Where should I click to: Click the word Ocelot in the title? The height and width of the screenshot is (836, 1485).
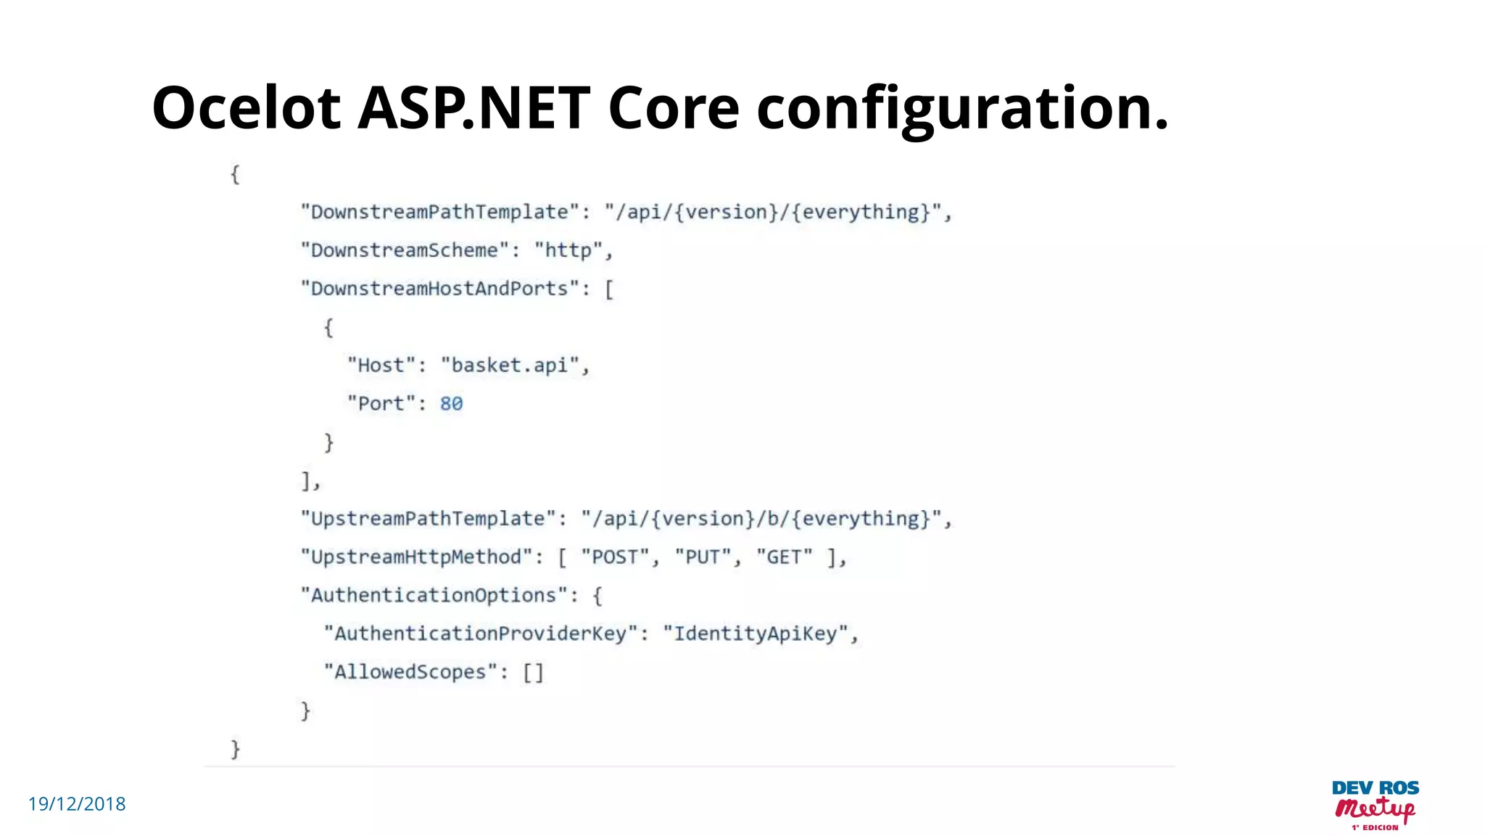pos(246,108)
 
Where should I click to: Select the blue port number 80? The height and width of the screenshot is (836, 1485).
pos(451,403)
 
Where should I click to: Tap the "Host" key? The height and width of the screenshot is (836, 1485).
pos(381,365)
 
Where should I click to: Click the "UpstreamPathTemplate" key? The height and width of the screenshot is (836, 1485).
pos(428,519)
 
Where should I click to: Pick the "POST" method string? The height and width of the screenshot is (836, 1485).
pos(614,557)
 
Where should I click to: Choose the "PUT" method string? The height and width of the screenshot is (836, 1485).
pos(702,557)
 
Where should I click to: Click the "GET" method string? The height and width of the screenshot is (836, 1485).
pos(784,557)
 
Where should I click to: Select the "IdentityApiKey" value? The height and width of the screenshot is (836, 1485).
pos(755,634)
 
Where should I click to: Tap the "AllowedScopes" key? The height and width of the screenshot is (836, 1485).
pos(410,672)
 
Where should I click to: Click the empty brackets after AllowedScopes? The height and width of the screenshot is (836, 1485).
pos(533,672)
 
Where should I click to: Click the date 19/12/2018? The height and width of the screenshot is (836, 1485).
pos(77,804)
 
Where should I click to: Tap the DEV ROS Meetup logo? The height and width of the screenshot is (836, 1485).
pos(1375,804)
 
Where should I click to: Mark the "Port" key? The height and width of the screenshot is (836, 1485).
pos(381,403)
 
